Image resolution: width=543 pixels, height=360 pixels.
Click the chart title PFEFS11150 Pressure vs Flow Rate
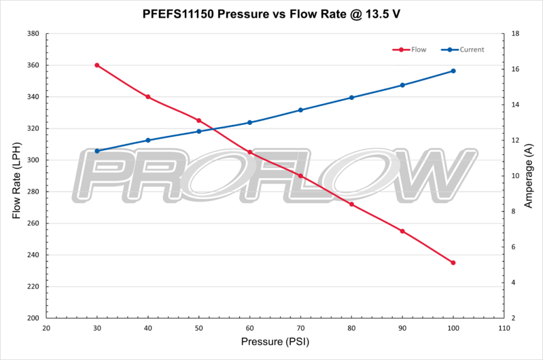(272, 13)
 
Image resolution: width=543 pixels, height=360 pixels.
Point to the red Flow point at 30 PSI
(97, 65)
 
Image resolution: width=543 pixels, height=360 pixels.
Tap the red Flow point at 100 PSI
(453, 262)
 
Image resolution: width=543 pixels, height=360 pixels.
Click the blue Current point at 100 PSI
(453, 71)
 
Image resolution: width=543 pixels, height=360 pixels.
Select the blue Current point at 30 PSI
(97, 151)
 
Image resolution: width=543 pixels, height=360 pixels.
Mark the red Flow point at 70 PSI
(300, 176)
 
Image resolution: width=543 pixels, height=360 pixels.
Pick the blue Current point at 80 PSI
(351, 97)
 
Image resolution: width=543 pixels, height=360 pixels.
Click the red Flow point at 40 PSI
(148, 96)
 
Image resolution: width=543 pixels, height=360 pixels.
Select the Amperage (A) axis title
(529, 176)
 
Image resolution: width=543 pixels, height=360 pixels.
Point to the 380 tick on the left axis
(31, 34)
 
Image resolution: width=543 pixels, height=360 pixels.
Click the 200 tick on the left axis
(31, 318)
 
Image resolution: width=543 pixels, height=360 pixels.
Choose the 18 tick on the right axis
(515, 34)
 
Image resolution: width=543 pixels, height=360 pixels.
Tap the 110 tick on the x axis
(504, 327)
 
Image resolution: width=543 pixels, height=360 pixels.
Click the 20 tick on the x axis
(46, 327)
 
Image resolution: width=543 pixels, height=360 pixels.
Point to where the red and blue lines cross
(213, 129)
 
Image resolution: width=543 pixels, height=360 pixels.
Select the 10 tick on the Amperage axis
(515, 176)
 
